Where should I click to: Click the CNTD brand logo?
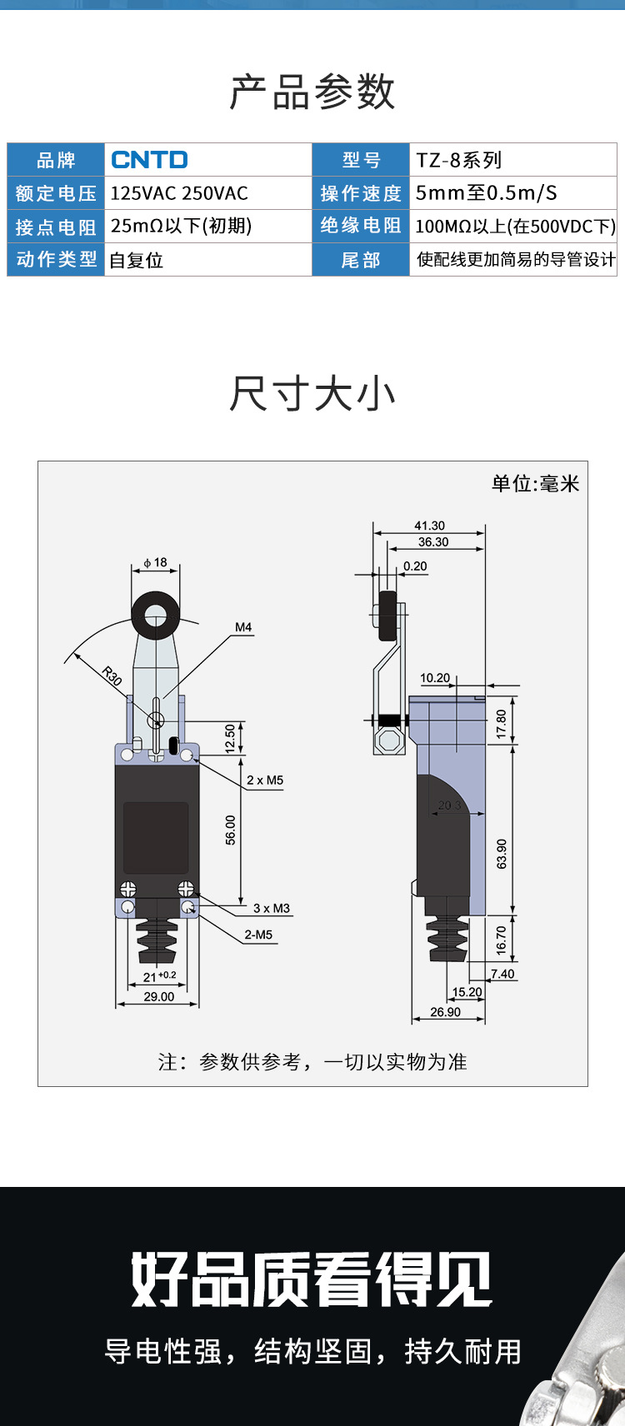pyautogui.click(x=150, y=160)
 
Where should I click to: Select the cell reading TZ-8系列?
pyautogui.click(x=459, y=160)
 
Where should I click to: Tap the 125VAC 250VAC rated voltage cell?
pyautogui.click(x=179, y=193)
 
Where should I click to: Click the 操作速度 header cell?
pyautogui.click(x=361, y=193)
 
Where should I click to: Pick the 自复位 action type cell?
pyautogui.click(x=137, y=261)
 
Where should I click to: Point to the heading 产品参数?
pyautogui.click(x=312, y=92)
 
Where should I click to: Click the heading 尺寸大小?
pyautogui.click(x=312, y=394)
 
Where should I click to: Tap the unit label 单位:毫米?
pyautogui.click(x=535, y=484)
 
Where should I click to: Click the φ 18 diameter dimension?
pyautogui.click(x=156, y=563)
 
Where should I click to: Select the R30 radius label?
pyautogui.click(x=112, y=676)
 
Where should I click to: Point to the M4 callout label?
pyautogui.click(x=243, y=627)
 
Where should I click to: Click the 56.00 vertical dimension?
pyautogui.click(x=231, y=830)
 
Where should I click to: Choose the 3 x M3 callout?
pyautogui.click(x=272, y=908)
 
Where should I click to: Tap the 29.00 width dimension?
pyautogui.click(x=158, y=996)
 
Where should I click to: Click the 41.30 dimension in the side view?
pyautogui.click(x=429, y=526)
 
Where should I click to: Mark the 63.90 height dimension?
pyautogui.click(x=501, y=854)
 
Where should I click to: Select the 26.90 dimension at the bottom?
pyautogui.click(x=445, y=1012)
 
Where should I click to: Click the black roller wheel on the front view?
pyautogui.click(x=156, y=617)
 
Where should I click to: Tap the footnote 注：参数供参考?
pyautogui.click(x=312, y=1062)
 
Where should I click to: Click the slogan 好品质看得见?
pyautogui.click(x=312, y=1279)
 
